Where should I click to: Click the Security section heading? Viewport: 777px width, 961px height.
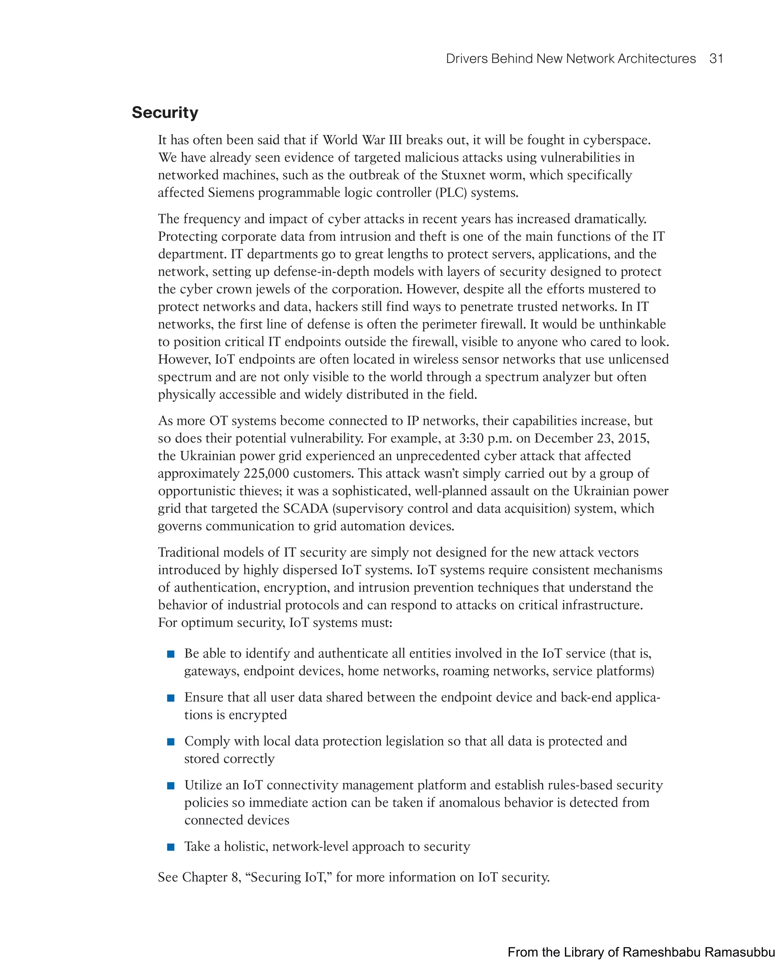tap(165, 112)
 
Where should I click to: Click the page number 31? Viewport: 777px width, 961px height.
tap(716, 59)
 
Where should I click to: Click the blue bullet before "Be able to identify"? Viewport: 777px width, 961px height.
tap(170, 654)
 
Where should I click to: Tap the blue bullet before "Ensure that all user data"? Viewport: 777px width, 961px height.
tap(170, 698)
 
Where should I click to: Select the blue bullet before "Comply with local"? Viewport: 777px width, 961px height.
tap(170, 742)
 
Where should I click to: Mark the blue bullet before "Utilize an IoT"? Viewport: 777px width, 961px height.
tap(170, 786)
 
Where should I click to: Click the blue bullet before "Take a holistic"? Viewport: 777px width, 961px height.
tap(170, 847)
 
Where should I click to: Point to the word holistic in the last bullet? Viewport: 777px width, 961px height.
tap(246, 846)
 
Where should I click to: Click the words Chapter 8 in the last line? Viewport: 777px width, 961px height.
tap(210, 877)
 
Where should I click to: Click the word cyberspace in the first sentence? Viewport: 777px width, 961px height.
tap(616, 140)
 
